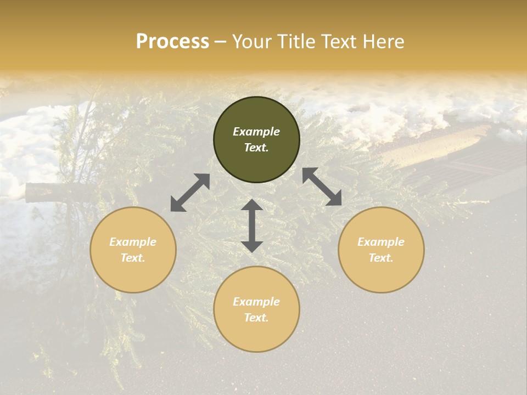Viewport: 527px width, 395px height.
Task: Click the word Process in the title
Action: pyautogui.click(x=172, y=42)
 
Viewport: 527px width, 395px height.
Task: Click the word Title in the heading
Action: pyautogui.click(x=294, y=42)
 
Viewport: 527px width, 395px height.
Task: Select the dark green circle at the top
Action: pyautogui.click(x=256, y=140)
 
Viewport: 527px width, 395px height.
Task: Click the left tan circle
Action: pyautogui.click(x=133, y=250)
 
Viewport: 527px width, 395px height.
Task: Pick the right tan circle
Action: pyautogui.click(x=381, y=250)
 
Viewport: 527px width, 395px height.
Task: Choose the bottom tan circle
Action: pyautogui.click(x=256, y=309)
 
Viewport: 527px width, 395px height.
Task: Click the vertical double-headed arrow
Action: pyautogui.click(x=252, y=225)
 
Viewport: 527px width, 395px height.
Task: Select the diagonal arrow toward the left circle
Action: pyautogui.click(x=190, y=193)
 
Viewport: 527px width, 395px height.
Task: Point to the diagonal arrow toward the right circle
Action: pyautogui.click(x=322, y=187)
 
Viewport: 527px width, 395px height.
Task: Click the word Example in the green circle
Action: pyautogui.click(x=256, y=132)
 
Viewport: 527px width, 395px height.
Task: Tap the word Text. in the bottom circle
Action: pyautogui.click(x=256, y=318)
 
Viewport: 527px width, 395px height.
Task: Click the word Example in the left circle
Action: pyautogui.click(x=133, y=242)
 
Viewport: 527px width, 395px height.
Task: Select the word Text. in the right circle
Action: pyautogui.click(x=381, y=258)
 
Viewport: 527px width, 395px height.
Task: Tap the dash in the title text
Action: pyautogui.click(x=220, y=42)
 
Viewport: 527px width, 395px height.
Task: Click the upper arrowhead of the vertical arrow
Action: pyautogui.click(x=252, y=206)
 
